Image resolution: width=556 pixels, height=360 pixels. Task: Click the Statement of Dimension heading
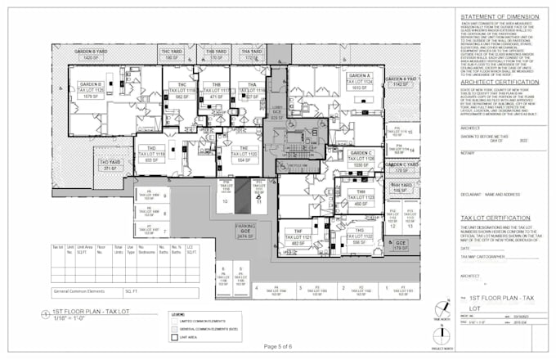500,17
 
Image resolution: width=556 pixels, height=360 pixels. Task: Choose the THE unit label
244,149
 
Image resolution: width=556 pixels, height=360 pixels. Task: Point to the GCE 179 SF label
401,245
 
